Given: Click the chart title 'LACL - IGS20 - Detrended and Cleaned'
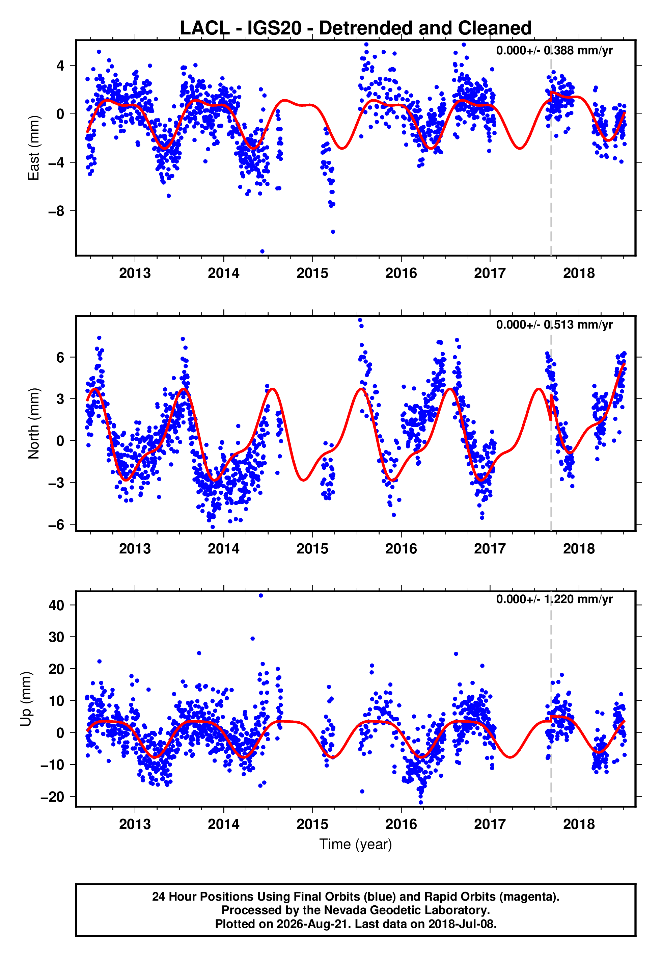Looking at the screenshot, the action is [356, 28].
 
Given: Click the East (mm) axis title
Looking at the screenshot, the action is [34, 148].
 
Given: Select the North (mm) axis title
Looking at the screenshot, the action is [34, 423].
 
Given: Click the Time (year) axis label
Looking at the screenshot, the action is [356, 844].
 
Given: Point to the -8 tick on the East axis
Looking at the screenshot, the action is [56, 211].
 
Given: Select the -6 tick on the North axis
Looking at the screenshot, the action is [56, 524].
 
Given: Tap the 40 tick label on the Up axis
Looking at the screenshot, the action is [56, 605].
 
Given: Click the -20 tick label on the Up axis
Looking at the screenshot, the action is [53, 797].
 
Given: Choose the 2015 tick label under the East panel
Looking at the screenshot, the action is [312, 273].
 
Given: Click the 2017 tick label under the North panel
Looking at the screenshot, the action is [490, 549].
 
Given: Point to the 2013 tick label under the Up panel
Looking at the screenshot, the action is [135, 824].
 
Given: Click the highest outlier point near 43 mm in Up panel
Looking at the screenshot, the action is [260, 596].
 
